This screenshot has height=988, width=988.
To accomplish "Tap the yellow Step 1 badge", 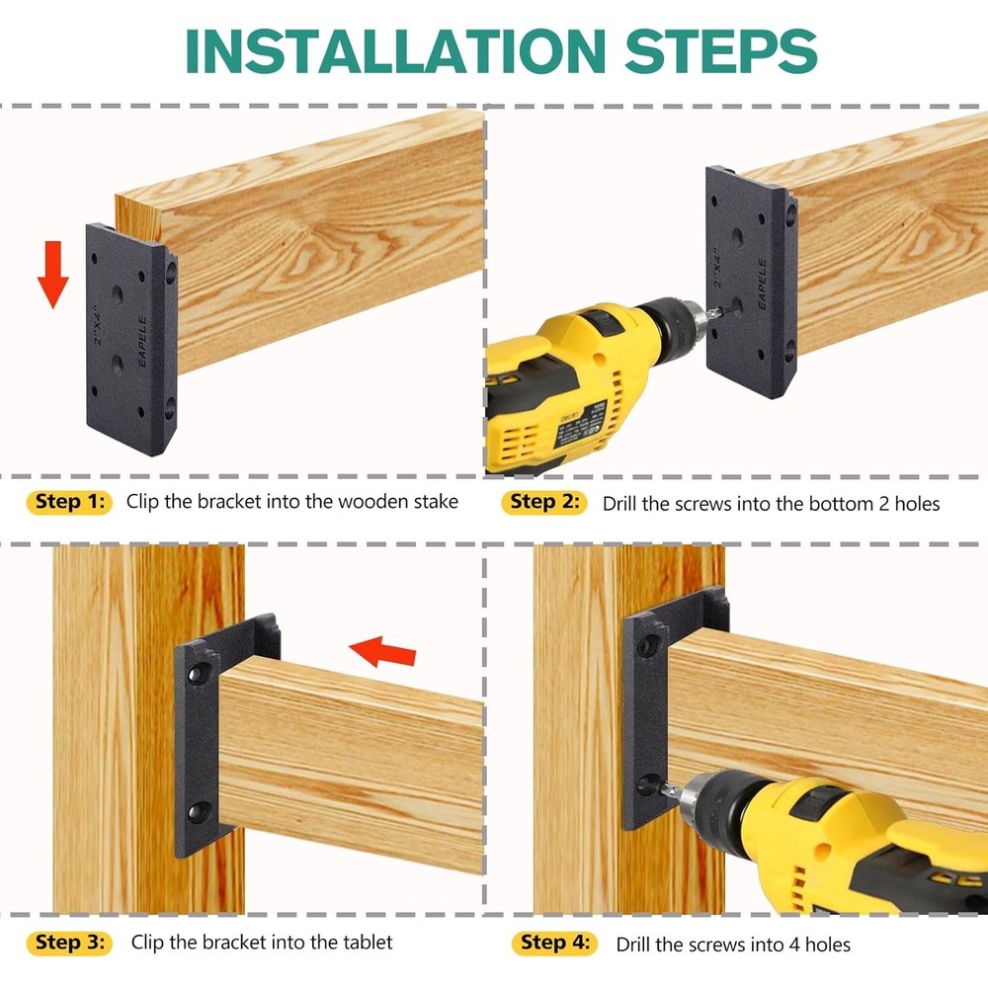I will tap(69, 502).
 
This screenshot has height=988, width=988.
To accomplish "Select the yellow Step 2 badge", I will tap(546, 503).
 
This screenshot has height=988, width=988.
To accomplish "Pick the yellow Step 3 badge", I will tap(69, 943).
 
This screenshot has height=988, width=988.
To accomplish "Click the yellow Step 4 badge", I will tap(554, 944).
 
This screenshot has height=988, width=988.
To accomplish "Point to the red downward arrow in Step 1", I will tap(53, 275).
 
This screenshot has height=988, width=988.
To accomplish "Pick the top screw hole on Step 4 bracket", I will tap(649, 645).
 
